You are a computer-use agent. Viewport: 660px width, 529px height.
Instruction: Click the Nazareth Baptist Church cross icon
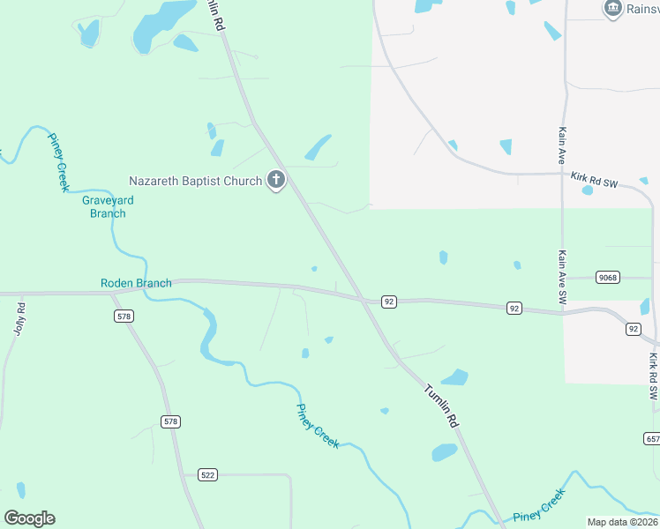coord(275,181)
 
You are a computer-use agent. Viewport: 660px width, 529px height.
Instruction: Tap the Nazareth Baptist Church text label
coord(195,181)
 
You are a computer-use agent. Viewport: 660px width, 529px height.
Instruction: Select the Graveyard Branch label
coord(108,206)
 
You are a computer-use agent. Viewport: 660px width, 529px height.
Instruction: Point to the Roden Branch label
coord(135,283)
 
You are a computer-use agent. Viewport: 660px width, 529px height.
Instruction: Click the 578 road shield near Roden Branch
coord(124,316)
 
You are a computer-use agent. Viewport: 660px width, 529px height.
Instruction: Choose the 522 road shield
coord(207,474)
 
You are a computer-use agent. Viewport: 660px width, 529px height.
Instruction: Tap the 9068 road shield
coord(607,277)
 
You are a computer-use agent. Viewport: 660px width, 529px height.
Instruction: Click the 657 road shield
coord(652,438)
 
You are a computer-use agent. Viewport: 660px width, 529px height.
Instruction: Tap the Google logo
coord(29,518)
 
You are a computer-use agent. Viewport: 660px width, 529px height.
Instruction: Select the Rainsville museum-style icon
coord(613,8)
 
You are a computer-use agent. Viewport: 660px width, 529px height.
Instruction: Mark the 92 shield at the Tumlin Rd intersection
coord(389,302)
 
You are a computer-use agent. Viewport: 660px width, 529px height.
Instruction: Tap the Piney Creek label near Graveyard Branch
coord(58,162)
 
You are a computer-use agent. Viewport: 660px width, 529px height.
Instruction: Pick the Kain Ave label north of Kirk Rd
coord(561,145)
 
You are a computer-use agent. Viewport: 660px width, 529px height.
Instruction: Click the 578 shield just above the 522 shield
coord(170,422)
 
